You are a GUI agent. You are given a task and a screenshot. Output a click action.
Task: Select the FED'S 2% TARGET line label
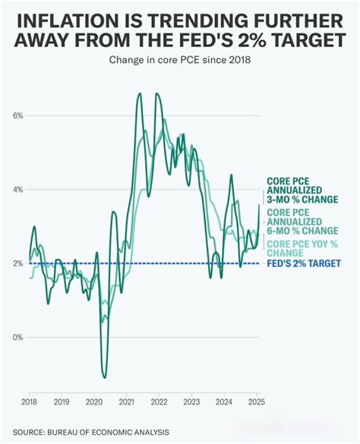303,263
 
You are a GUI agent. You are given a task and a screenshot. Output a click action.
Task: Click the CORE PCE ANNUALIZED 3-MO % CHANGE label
302,191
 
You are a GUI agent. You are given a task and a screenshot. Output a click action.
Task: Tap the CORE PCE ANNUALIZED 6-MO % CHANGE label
302,221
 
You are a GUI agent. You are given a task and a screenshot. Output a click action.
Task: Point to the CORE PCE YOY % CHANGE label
302,247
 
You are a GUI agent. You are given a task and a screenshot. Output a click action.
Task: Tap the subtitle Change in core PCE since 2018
179,59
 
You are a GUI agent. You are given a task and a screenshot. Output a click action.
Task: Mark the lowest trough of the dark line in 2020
104,377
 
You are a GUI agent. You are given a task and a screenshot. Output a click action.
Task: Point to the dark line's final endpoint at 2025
260,205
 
